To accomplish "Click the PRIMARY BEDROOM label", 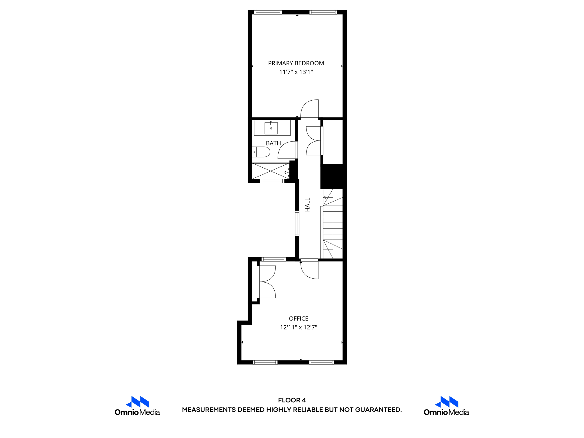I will tap(296, 63).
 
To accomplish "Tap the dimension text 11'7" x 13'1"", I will tap(296, 72).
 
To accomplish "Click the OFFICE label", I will tap(298, 319).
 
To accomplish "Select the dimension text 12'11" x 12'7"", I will tap(298, 327).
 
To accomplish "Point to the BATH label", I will tap(273, 143).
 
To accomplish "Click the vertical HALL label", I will tap(307, 205).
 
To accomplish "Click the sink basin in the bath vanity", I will tap(271, 128).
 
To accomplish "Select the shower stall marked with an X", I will tap(270, 171).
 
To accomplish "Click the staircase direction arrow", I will tap(325, 197).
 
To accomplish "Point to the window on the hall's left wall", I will tap(297, 223).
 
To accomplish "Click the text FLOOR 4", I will tap(292, 400).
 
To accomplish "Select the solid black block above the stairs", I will tap(333, 176).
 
